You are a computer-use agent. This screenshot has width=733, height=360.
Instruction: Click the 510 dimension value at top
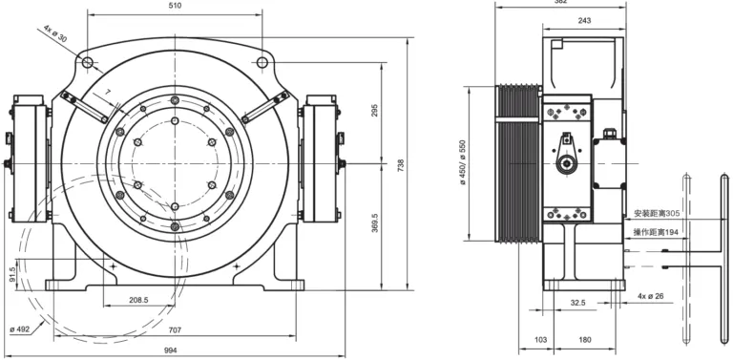[175, 6]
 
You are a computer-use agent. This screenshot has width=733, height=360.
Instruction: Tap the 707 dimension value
[175, 330]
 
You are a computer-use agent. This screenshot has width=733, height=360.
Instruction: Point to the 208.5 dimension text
[138, 300]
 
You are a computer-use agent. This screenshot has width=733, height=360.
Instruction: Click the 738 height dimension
[401, 165]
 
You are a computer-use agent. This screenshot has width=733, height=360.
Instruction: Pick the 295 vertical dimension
[375, 110]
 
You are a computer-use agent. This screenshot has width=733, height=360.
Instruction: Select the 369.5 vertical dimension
[375, 223]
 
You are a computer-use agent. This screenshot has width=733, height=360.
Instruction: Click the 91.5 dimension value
[12, 274]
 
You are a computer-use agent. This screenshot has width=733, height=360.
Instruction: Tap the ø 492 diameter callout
[20, 329]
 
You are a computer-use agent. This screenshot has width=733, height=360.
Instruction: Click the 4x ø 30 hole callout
[55, 33]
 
